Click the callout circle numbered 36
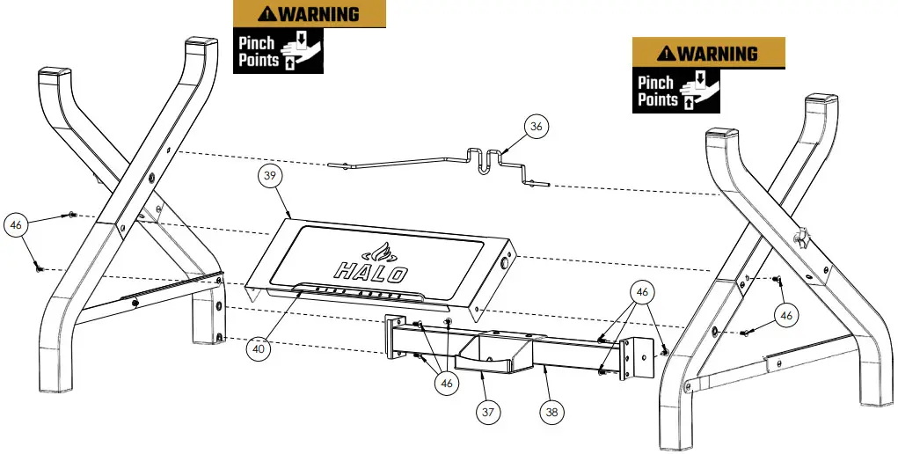coord(536,126)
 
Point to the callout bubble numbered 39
coord(272,176)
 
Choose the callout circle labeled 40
coord(258,348)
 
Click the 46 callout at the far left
coord(16,225)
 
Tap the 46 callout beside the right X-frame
coord(786,314)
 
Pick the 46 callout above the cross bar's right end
coord(644,291)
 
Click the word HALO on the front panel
coord(369,270)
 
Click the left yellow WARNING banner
coord(309,14)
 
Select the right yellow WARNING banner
coord(708,52)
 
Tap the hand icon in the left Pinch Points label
coord(301,51)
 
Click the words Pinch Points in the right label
coord(658,92)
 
